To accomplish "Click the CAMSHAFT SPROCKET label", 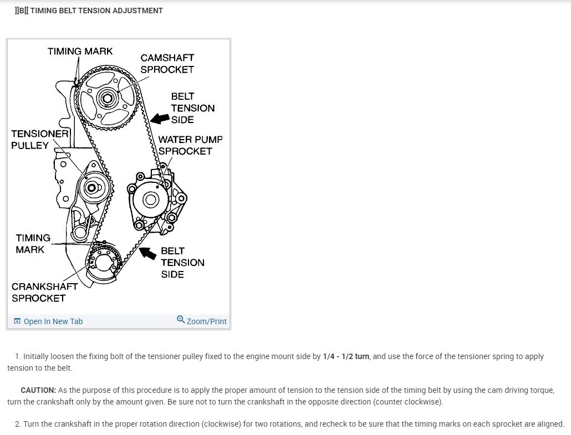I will click(x=167, y=63).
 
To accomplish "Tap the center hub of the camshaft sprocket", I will click(x=106, y=99).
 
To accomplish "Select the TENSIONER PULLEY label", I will click(x=39, y=140).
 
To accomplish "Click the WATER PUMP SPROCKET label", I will click(x=190, y=145).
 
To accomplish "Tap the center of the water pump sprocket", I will click(x=150, y=199).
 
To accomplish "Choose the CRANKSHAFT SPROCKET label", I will click(x=44, y=292).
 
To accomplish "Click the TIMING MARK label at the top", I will click(x=80, y=51).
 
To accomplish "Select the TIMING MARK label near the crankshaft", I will click(x=33, y=243).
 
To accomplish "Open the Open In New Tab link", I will click(x=53, y=321).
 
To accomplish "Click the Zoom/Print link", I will click(x=206, y=321).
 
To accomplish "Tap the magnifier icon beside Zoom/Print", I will click(x=180, y=320).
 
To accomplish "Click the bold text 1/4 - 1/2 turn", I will click(x=346, y=356).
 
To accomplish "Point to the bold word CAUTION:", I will click(x=38, y=391).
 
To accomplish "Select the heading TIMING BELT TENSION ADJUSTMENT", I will click(x=96, y=11).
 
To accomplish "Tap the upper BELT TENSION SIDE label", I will click(x=192, y=108).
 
